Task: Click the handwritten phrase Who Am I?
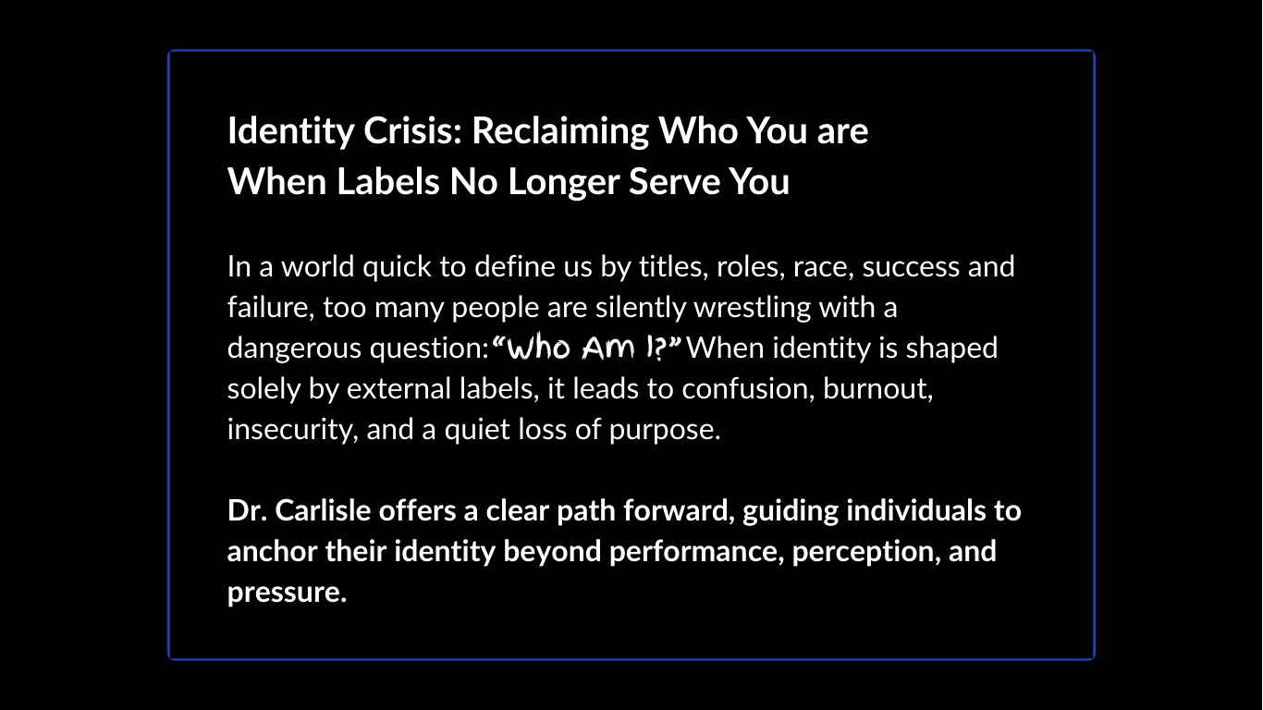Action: tap(588, 349)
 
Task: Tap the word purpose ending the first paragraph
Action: tap(663, 430)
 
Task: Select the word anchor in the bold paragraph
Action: tap(273, 552)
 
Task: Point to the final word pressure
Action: tap(286, 593)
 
